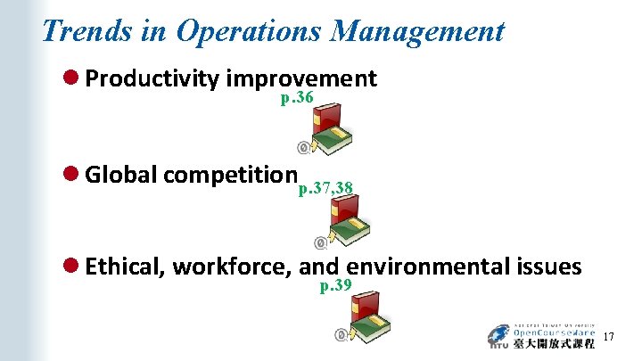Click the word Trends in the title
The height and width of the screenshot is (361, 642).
click(x=87, y=31)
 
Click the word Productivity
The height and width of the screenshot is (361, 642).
click(x=152, y=80)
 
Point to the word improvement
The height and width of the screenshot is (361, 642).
click(x=302, y=79)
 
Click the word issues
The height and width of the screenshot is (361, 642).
click(x=548, y=267)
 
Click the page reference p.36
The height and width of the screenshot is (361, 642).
click(x=296, y=98)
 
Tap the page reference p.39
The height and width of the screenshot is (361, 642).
click(x=336, y=285)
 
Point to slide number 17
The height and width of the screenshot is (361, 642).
click(x=609, y=337)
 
